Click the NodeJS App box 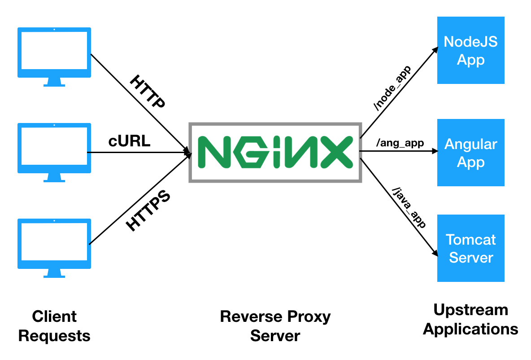[470, 50]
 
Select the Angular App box [470, 153]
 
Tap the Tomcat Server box [470, 248]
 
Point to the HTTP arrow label [148, 92]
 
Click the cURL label [130, 141]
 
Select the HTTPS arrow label [148, 211]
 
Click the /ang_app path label [400, 143]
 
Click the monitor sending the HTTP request [54, 56]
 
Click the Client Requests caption [54, 326]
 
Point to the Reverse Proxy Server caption [275, 326]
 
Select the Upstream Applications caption [470, 319]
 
